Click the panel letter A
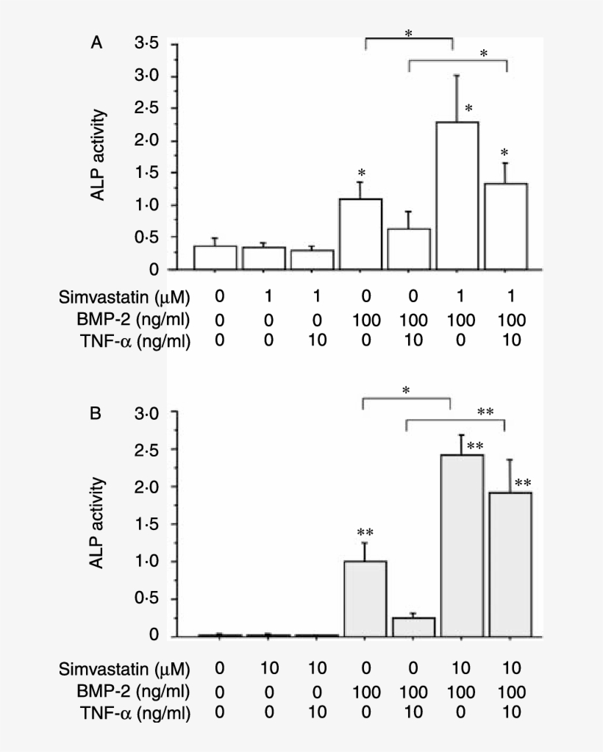tap(96, 44)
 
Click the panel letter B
tap(96, 414)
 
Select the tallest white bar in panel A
tap(458, 196)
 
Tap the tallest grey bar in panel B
tap(462, 545)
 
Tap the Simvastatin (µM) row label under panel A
tap(124, 298)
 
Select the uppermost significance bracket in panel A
tap(409, 40)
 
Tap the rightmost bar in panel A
tap(506, 226)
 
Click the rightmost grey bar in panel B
tap(510, 564)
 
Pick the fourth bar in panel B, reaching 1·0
tap(365, 598)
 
